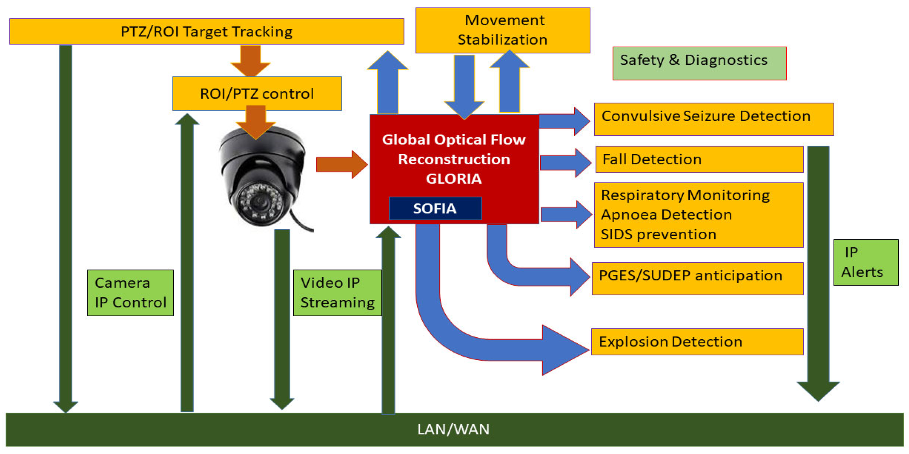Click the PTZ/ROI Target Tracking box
click(x=207, y=31)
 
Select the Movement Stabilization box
click(x=502, y=30)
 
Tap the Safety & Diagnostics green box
click(x=699, y=63)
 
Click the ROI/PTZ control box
click(x=257, y=93)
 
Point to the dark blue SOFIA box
click(x=435, y=208)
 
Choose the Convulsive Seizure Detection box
click(x=713, y=119)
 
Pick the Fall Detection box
click(x=699, y=159)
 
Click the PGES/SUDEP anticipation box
click(x=697, y=278)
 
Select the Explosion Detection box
click(x=697, y=342)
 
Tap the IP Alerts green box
click(x=865, y=262)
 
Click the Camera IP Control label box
click(x=130, y=292)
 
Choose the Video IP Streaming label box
click(x=337, y=292)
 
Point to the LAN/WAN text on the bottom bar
click(x=453, y=430)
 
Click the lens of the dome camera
click(x=260, y=202)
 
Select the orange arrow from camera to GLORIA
click(x=341, y=164)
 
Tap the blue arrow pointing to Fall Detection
click(x=565, y=162)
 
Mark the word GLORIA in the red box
click(x=454, y=179)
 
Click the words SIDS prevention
click(x=658, y=235)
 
